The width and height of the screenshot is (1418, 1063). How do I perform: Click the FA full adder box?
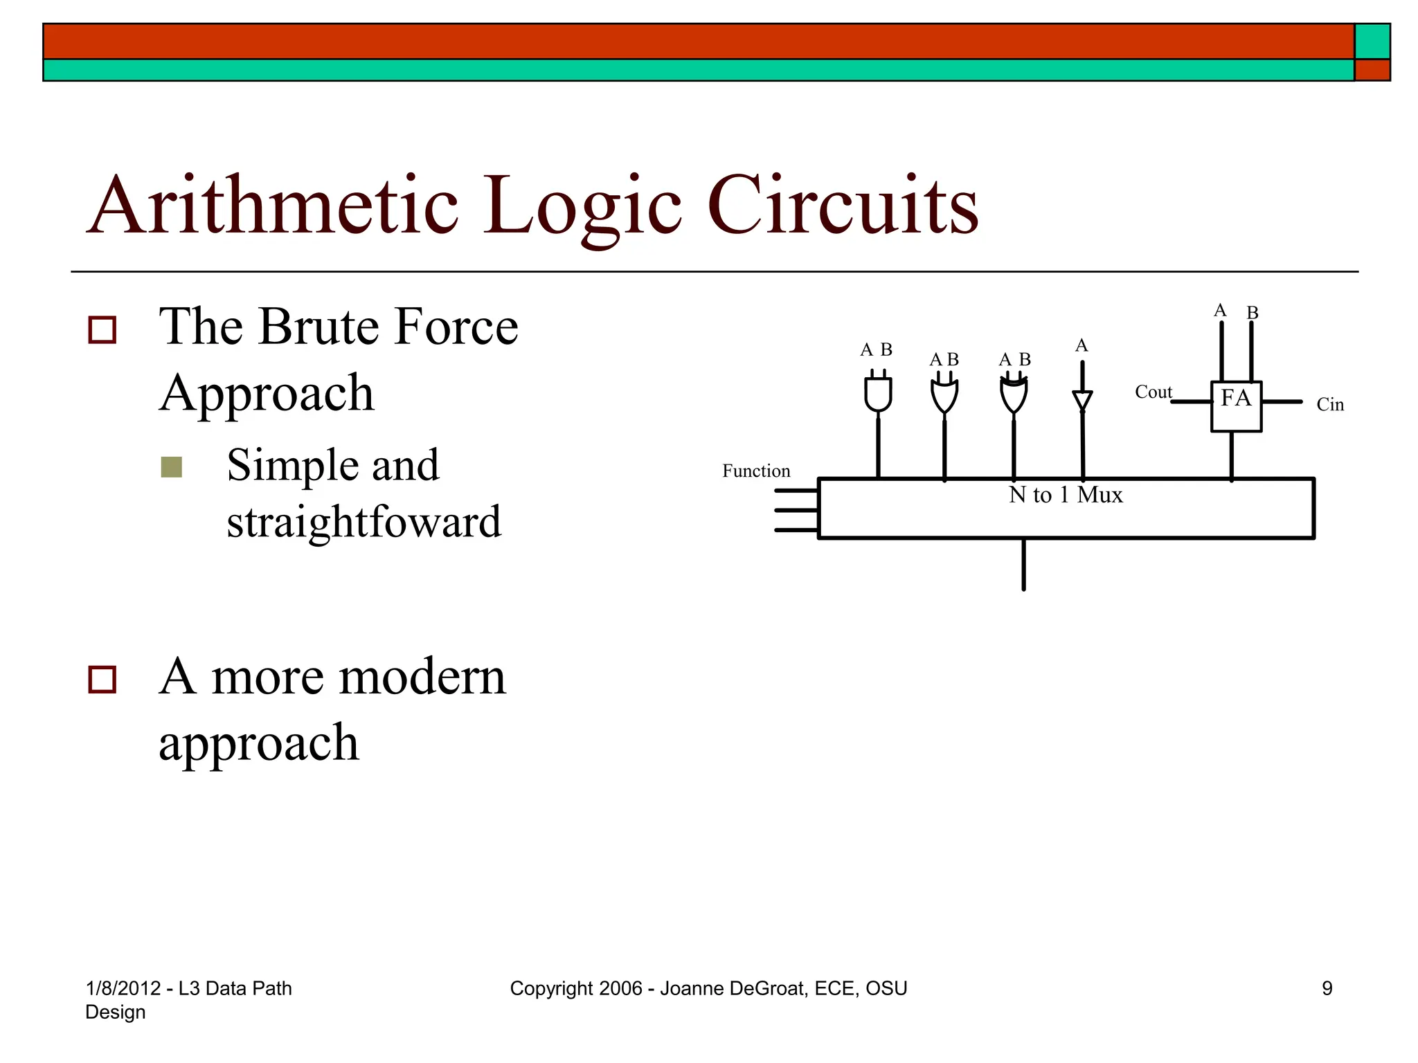pos(1236,406)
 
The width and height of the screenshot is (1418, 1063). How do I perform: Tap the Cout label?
pos(1153,392)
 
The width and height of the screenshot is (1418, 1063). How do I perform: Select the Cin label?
pos(1329,405)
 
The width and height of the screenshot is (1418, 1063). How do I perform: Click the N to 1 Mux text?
pos(1066,495)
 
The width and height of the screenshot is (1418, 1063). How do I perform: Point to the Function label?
pos(755,471)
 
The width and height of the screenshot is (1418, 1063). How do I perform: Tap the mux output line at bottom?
pos(1023,565)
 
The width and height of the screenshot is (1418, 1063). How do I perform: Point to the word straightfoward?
pos(364,522)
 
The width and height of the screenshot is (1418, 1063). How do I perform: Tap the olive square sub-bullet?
pos(171,467)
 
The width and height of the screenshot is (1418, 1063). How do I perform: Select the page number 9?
pos(1327,988)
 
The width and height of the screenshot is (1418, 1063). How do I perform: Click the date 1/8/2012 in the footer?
pos(123,988)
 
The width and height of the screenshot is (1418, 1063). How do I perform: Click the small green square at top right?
pos(1372,42)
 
